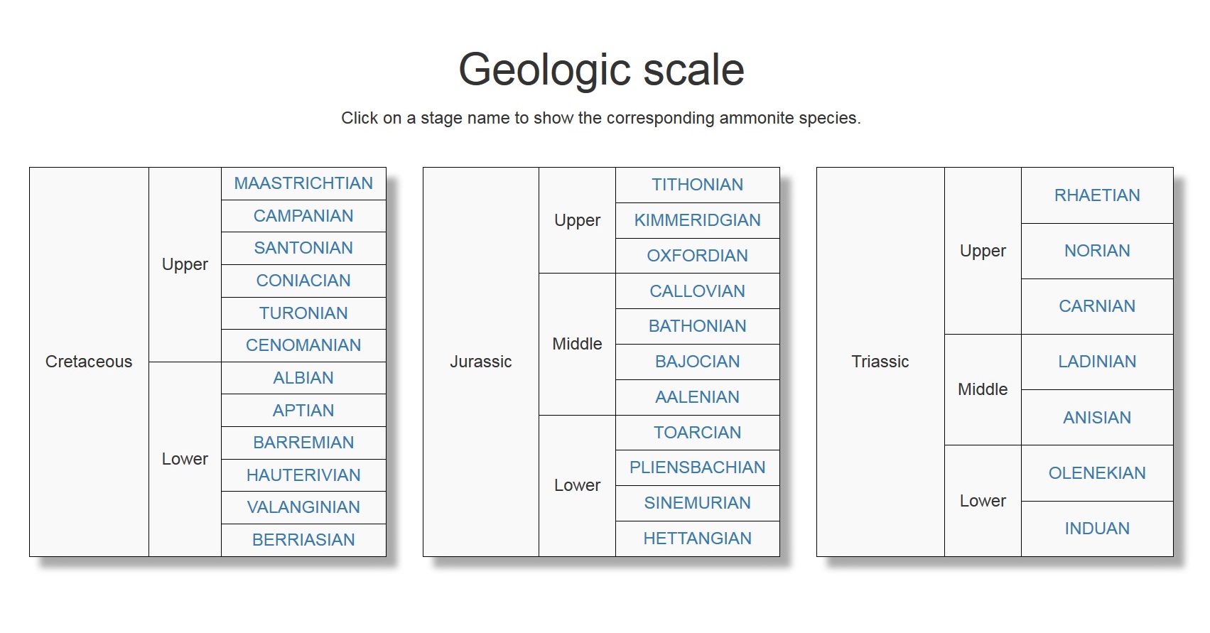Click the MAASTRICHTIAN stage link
pyautogui.click(x=303, y=183)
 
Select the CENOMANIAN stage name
pyautogui.click(x=303, y=345)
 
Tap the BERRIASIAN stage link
pyautogui.click(x=303, y=540)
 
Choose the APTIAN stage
pyautogui.click(x=303, y=411)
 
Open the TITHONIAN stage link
pyautogui.click(x=697, y=185)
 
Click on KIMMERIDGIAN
pyautogui.click(x=697, y=220)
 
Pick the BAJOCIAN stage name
pyautogui.click(x=697, y=362)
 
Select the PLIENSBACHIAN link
pyautogui.click(x=697, y=467)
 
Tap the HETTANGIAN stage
pyautogui.click(x=697, y=539)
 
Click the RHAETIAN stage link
pyautogui.click(x=1097, y=195)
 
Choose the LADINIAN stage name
pyautogui.click(x=1097, y=362)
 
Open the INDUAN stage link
pyautogui.click(x=1097, y=529)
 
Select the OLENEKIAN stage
pyautogui.click(x=1097, y=473)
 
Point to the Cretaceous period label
pyautogui.click(x=89, y=362)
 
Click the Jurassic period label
pyautogui.click(x=480, y=362)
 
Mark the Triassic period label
pyautogui.click(x=880, y=362)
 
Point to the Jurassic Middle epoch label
pyautogui.click(x=577, y=344)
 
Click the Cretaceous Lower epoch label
pyautogui.click(x=185, y=459)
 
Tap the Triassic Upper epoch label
pyautogui.click(x=983, y=251)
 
